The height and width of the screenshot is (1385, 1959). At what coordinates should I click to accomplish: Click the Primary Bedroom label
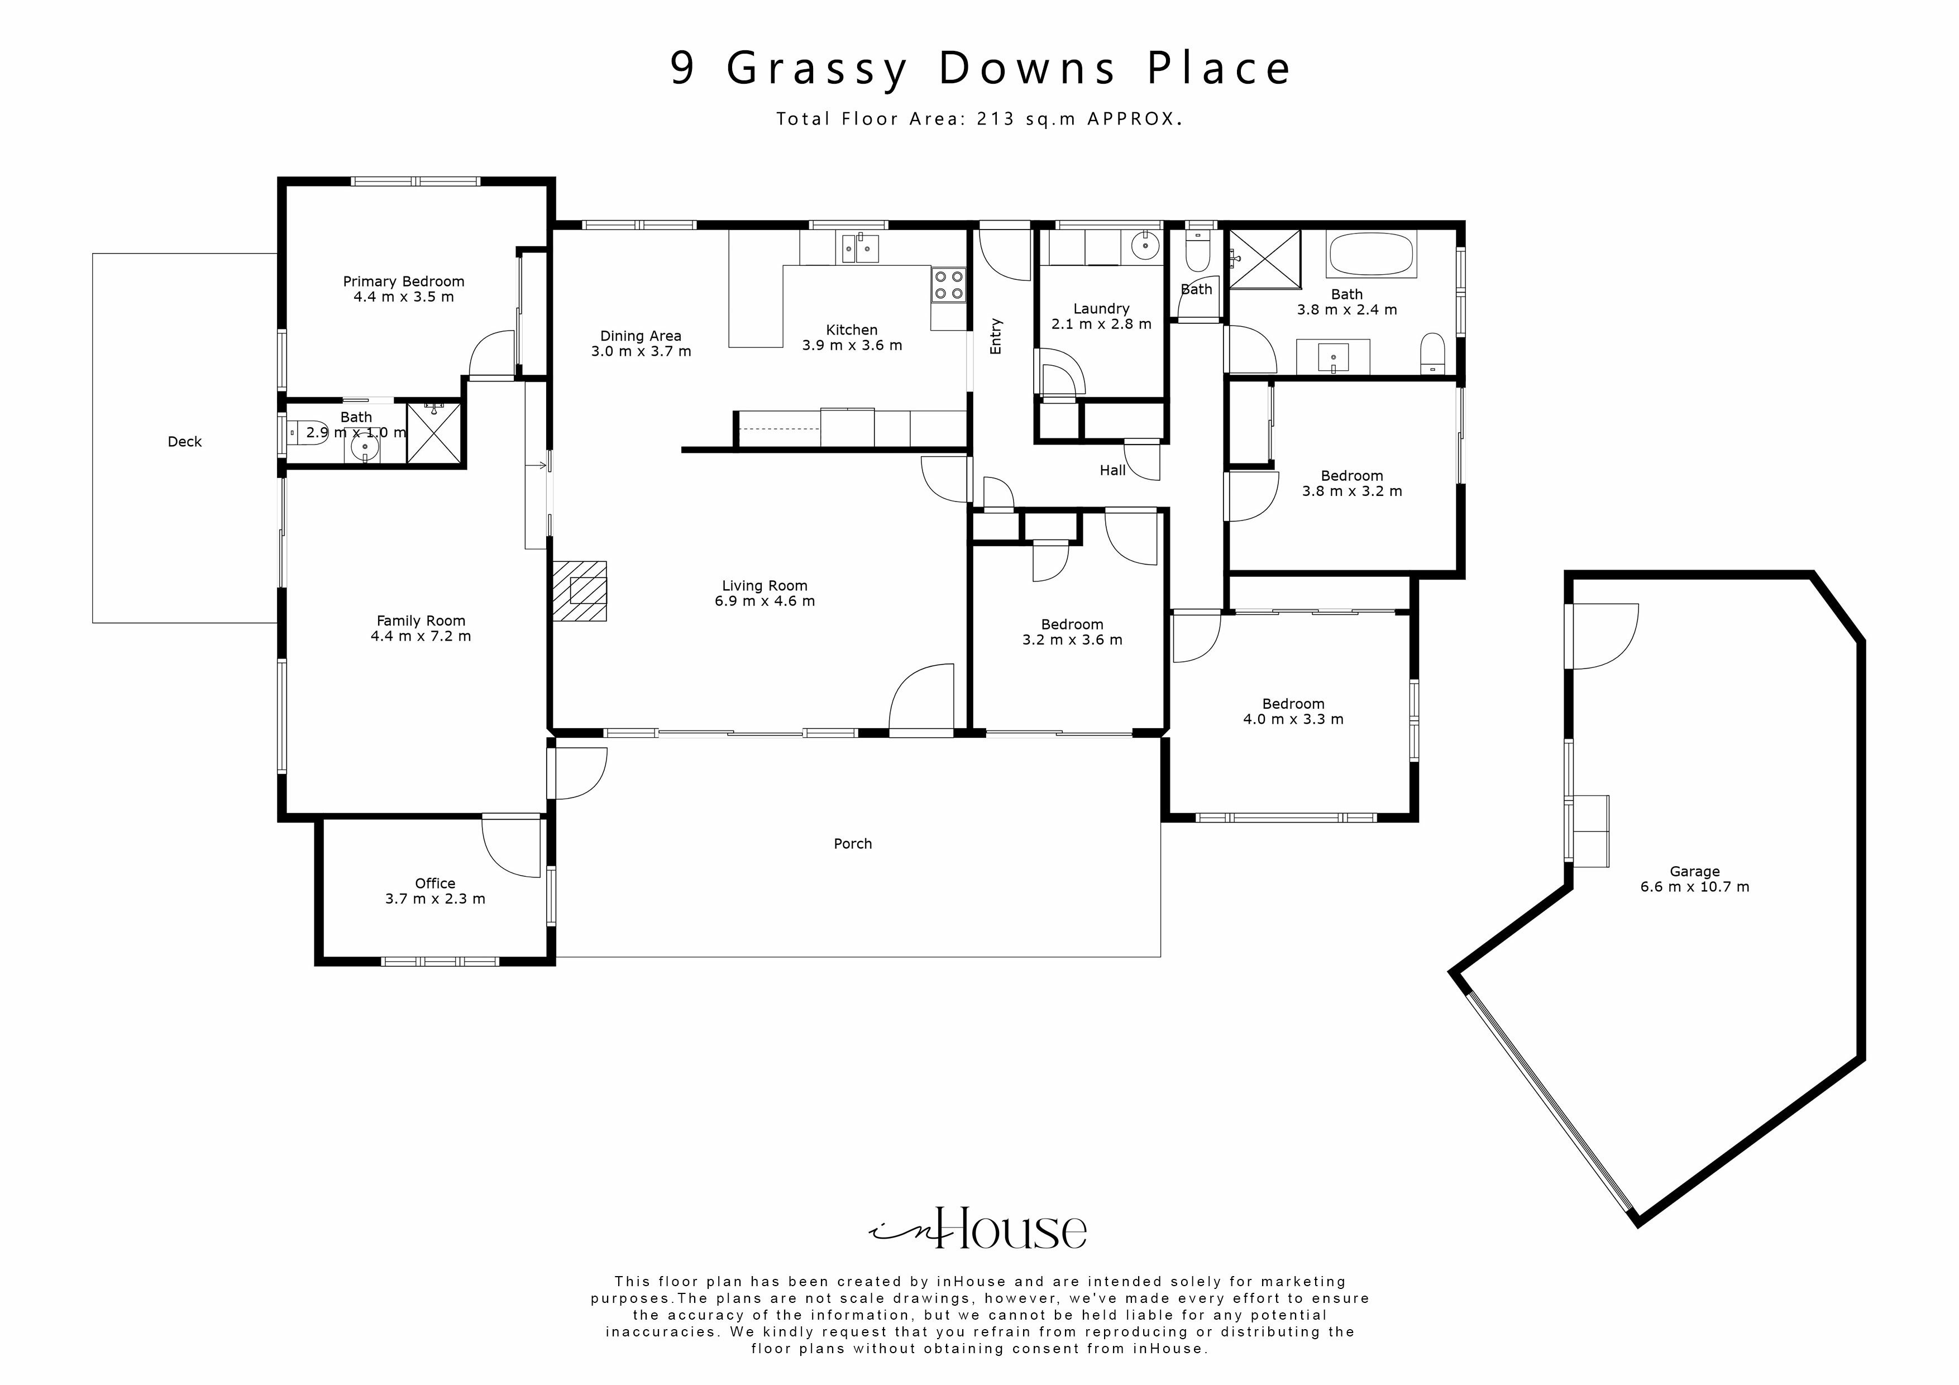[x=404, y=281]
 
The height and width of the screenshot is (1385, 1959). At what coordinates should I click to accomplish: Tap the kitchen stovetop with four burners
[x=948, y=285]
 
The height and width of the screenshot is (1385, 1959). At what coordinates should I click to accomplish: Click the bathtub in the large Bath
[x=1370, y=254]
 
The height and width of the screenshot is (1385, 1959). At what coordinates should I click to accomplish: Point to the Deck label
[x=184, y=441]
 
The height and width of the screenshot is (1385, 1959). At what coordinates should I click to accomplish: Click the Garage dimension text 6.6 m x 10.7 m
[x=1694, y=887]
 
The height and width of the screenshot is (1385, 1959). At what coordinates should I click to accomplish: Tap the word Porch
[x=852, y=843]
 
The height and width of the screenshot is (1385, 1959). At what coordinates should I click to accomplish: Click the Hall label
[x=1112, y=470]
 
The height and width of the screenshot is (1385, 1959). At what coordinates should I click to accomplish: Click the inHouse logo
[x=978, y=1229]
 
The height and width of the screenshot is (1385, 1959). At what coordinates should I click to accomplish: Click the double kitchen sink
[x=859, y=249]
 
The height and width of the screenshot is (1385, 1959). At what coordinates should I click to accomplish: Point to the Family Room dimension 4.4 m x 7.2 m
[x=421, y=636]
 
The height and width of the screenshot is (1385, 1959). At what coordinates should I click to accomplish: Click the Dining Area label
[x=640, y=336]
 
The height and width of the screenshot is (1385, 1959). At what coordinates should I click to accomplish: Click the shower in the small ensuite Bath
[x=434, y=433]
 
